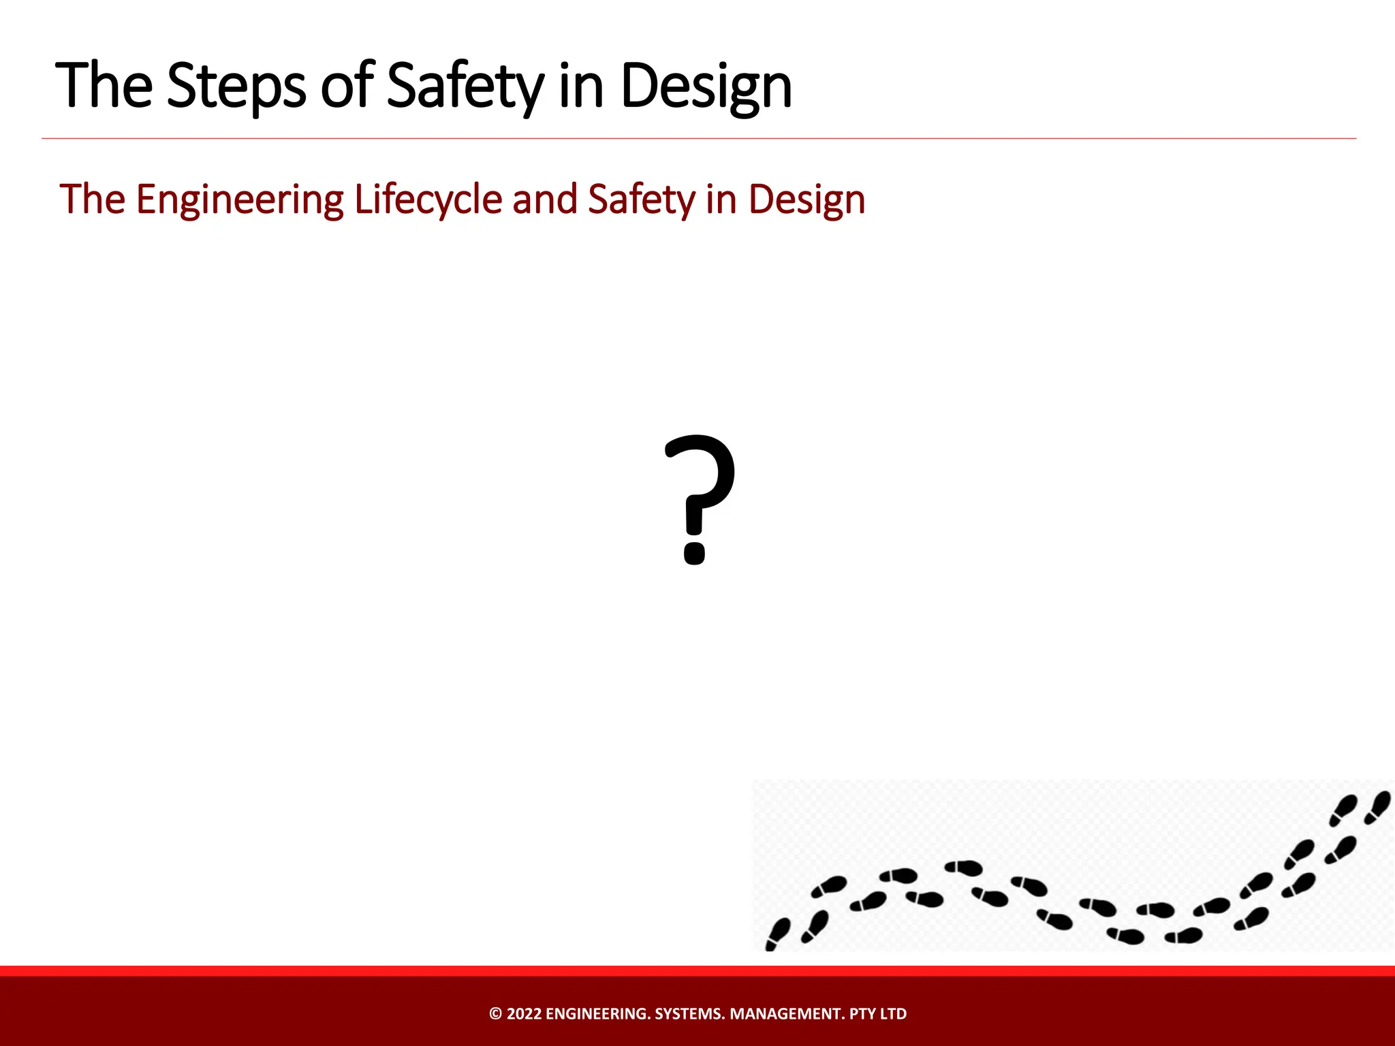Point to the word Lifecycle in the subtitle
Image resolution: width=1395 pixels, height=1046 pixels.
[428, 200]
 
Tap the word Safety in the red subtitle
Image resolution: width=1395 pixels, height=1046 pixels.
[640, 200]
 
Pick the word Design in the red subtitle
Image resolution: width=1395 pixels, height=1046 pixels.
[806, 200]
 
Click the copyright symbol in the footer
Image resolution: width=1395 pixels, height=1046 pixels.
[495, 1014]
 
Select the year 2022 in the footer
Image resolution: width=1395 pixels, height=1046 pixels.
[524, 1014]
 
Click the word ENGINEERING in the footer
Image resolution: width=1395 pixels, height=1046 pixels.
[597, 1014]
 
